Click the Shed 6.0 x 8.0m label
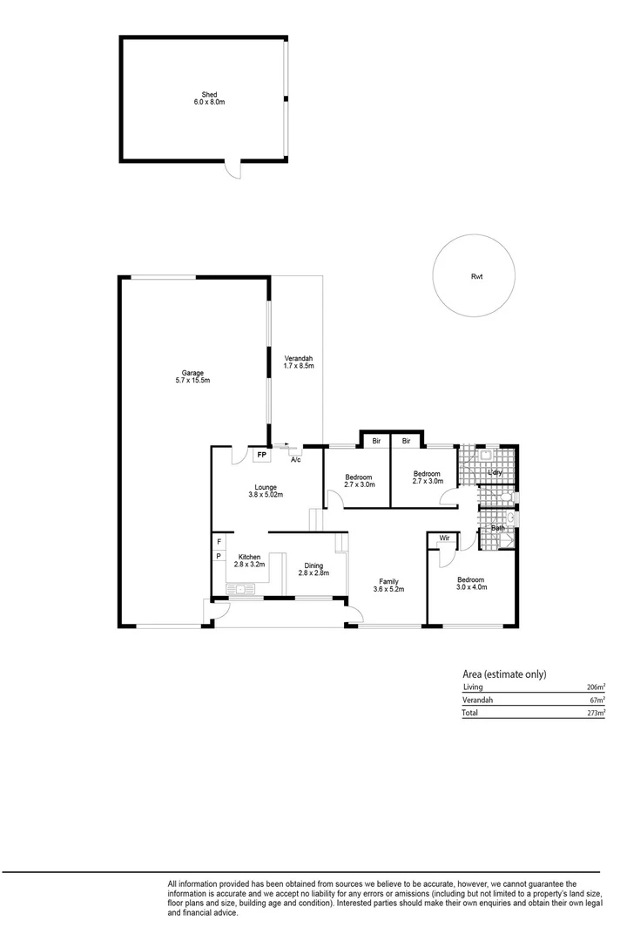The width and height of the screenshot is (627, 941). pos(209,98)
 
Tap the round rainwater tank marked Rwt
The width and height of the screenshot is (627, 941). pos(476,276)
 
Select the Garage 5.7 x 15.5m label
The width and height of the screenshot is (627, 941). pos(192,376)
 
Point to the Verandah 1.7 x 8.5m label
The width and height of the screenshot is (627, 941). pos(298,362)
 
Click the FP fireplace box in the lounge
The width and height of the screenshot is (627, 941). pos(261,454)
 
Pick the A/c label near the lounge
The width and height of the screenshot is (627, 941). pos(295,459)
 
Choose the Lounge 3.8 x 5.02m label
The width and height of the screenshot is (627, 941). pos(266,491)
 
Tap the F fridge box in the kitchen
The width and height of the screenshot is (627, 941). pos(219,541)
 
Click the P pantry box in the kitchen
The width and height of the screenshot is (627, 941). pos(219,555)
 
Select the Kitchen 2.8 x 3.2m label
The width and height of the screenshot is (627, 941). pos(250,560)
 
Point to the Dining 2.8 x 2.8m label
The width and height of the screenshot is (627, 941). pos(313,570)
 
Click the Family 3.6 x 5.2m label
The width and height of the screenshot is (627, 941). pos(388,586)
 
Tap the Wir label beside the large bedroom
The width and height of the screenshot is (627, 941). pos(443,538)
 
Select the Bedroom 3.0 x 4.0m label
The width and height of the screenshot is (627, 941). pos(471,583)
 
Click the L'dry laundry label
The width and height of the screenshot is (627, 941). pos(495,473)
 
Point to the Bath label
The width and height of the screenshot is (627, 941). pos(497,528)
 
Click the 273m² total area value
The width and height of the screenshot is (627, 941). pos(595,713)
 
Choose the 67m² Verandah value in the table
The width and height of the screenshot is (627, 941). pos(597,700)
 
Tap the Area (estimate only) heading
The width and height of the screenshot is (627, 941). pos(504,674)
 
